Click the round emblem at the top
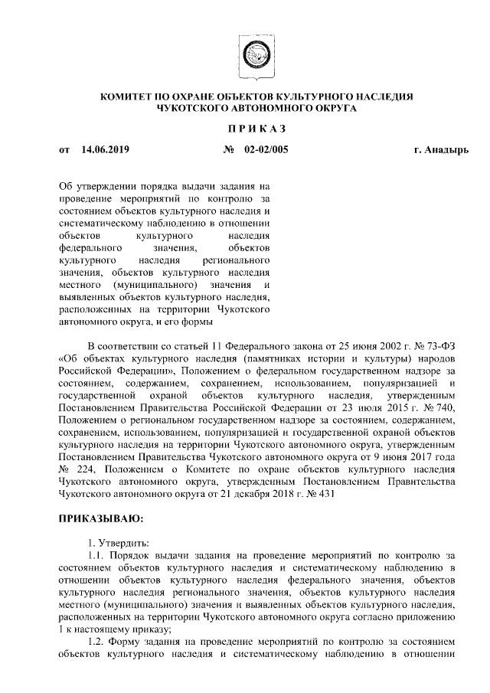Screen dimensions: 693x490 tap(251, 56)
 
